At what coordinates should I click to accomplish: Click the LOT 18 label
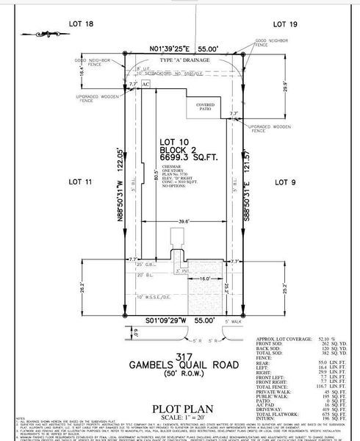coord(85,24)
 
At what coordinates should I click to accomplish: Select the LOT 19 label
coord(284,24)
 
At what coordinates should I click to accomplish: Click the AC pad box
coord(145,85)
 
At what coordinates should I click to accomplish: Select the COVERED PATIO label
coord(206,107)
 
